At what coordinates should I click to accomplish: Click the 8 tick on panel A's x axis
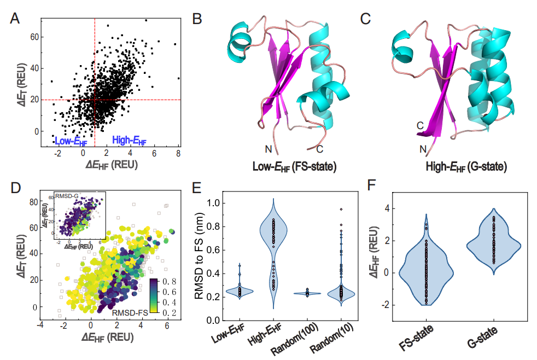tap(178, 154)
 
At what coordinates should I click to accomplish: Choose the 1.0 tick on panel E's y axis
tap(217, 203)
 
